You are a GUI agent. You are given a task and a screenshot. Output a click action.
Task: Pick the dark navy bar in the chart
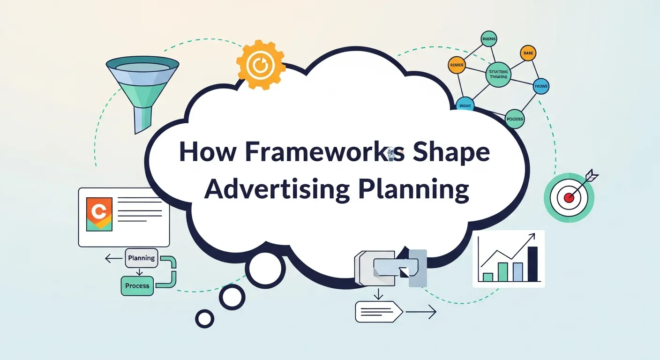[x=533, y=264]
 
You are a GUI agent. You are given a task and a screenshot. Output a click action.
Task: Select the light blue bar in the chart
[x=517, y=272]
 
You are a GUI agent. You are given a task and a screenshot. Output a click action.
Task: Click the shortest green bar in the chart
[x=488, y=277]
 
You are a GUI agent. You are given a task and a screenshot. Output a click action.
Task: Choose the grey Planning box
[x=141, y=258]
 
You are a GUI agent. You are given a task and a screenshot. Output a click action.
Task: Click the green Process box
[x=137, y=285]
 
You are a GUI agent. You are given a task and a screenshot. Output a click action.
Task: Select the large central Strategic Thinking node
[x=498, y=75]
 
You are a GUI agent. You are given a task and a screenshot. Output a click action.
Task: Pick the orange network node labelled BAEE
[x=527, y=53]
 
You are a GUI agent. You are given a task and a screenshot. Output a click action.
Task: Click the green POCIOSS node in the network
[x=515, y=119]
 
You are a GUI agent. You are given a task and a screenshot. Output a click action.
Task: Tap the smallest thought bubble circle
[x=204, y=319]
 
